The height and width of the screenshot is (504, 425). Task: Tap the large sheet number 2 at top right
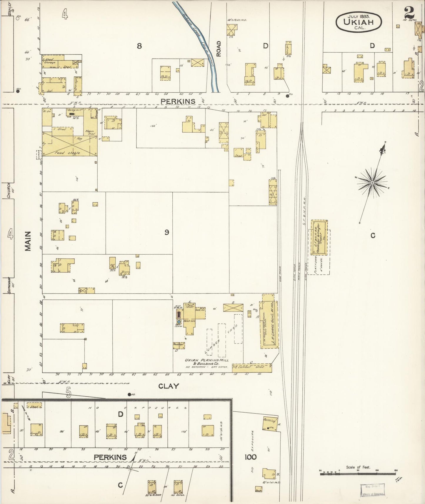click(409, 13)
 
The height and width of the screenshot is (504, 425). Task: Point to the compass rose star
click(372, 183)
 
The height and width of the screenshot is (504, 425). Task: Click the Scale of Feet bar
click(358, 473)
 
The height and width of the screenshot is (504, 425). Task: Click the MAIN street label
click(28, 241)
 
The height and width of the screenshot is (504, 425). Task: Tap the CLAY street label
click(169, 386)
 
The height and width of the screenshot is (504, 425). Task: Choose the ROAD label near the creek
click(218, 49)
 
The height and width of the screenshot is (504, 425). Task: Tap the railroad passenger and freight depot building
click(319, 238)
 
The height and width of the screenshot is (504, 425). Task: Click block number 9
click(167, 233)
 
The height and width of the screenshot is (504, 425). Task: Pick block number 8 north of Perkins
click(139, 46)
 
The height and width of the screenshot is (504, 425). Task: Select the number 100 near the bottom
click(250, 457)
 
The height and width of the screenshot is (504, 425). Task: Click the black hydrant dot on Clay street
click(129, 394)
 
